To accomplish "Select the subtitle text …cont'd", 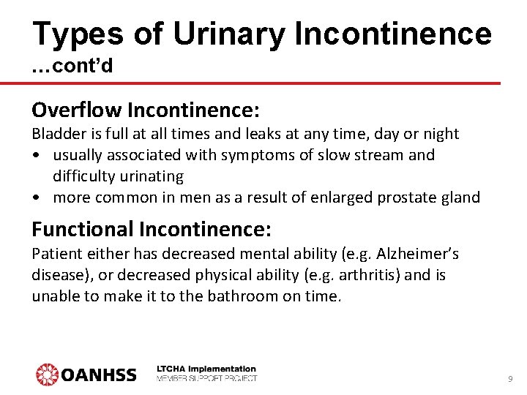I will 72,67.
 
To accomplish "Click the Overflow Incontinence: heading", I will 145,110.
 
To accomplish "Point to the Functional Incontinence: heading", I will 152,230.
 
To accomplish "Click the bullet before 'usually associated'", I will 36,155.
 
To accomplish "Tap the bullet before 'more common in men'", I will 36,197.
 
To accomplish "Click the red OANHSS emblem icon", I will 48,375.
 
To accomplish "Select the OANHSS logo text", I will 99,375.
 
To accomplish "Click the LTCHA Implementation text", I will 207,369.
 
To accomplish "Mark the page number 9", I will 509,379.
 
